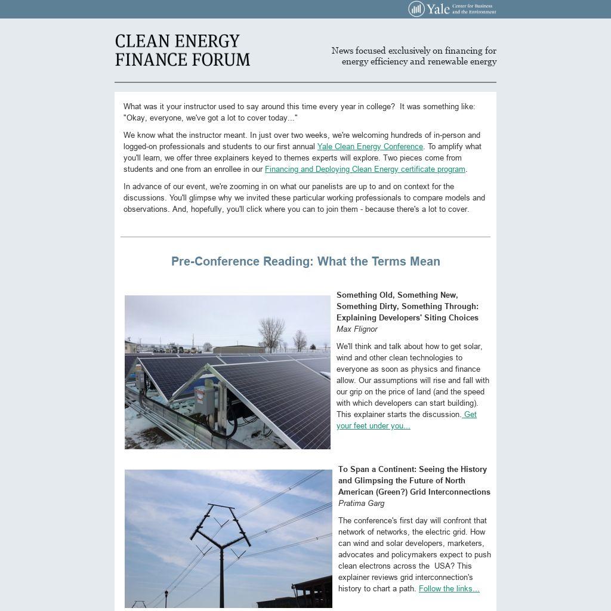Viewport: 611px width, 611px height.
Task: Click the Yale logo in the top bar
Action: pyautogui.click(x=452, y=9)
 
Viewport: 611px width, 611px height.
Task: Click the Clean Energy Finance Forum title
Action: pyautogui.click(x=183, y=51)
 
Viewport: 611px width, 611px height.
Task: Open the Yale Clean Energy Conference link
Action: pyautogui.click(x=370, y=147)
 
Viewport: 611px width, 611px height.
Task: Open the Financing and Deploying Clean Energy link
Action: pyautogui.click(x=365, y=169)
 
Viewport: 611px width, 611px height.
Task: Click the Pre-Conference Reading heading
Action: pyautogui.click(x=305, y=261)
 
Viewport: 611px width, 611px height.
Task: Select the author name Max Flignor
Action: pyautogui.click(x=357, y=329)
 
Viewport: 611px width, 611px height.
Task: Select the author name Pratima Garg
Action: pyautogui.click(x=361, y=504)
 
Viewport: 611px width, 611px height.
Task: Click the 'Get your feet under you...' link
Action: pyautogui.click(x=373, y=426)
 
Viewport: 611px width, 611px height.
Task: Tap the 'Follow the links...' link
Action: pyautogui.click(x=449, y=589)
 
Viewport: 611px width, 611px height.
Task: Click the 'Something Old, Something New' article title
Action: pyautogui.click(x=408, y=307)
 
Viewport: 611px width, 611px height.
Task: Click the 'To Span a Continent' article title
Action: pyautogui.click(x=414, y=481)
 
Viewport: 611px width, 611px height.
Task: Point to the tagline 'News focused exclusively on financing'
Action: pyautogui.click(x=414, y=56)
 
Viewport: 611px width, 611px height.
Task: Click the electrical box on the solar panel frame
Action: pyautogui.click(x=205, y=400)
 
